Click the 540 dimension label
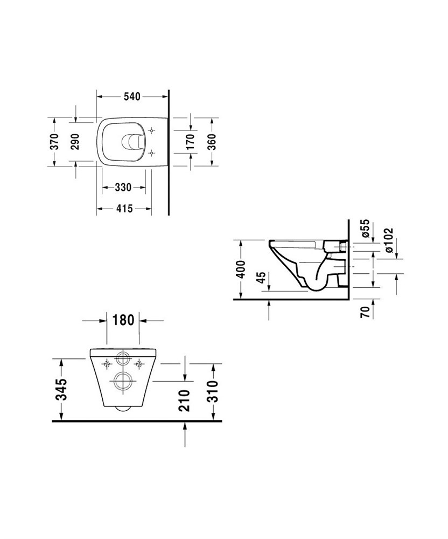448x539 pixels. [x=132, y=97]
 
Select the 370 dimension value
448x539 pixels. [x=54, y=142]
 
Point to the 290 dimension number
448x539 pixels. [x=75, y=142]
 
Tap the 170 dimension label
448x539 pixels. [x=190, y=142]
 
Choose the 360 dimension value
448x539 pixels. [x=212, y=142]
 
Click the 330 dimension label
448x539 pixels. [x=123, y=188]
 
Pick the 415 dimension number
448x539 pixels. [x=124, y=208]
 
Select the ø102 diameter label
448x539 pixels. [x=389, y=240]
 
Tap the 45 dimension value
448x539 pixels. [x=262, y=278]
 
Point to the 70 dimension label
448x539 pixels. [x=366, y=312]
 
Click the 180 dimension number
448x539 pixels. [x=123, y=320]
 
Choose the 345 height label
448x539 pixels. [x=62, y=390]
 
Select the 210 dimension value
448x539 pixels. [x=185, y=400]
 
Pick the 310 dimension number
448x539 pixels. [x=213, y=391]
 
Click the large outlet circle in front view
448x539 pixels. [x=123, y=381]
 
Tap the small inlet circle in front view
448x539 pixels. [x=123, y=358]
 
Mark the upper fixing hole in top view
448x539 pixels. [x=152, y=130]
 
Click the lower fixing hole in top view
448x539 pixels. [x=152, y=153]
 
